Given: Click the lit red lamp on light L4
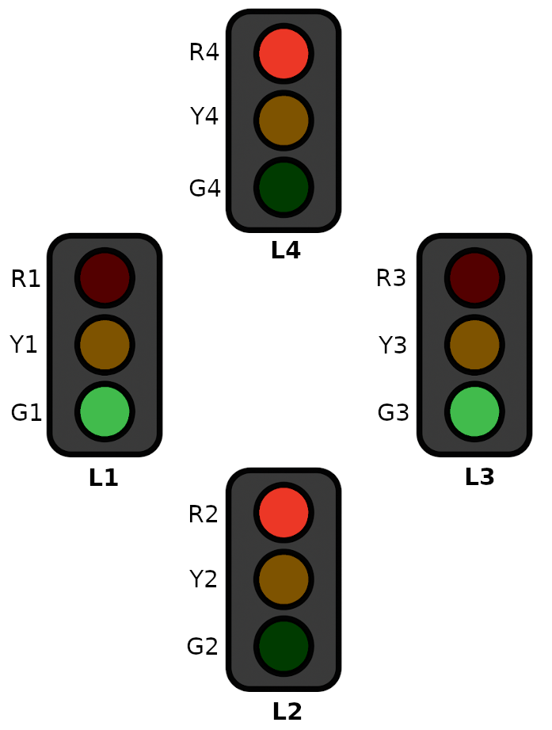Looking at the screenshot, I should (x=284, y=54).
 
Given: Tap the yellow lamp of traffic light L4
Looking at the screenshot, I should (x=284, y=120).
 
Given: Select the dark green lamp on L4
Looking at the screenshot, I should (x=284, y=187).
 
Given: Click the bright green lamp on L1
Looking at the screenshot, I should (x=105, y=412).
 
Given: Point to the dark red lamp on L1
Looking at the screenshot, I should (x=105, y=278).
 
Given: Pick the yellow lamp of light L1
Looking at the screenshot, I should (x=105, y=345).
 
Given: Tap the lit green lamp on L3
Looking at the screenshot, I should (x=474, y=412).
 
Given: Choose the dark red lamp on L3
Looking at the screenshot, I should (x=474, y=278).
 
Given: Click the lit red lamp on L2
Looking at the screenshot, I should (x=284, y=512).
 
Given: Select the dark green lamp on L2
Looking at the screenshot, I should (x=284, y=646).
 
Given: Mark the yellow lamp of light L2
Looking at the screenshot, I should (x=284, y=579).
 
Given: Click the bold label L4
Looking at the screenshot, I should (x=285, y=250).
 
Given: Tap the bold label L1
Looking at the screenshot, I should (x=104, y=478).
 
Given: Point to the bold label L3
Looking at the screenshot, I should (x=479, y=477).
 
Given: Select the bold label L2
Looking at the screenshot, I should (x=287, y=712).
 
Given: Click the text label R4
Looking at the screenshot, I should (x=204, y=52).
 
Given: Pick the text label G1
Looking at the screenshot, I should (x=26, y=413).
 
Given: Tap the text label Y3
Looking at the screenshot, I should (x=393, y=346).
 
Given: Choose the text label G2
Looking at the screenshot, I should (x=202, y=647).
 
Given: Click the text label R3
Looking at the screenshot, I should (x=390, y=278).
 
